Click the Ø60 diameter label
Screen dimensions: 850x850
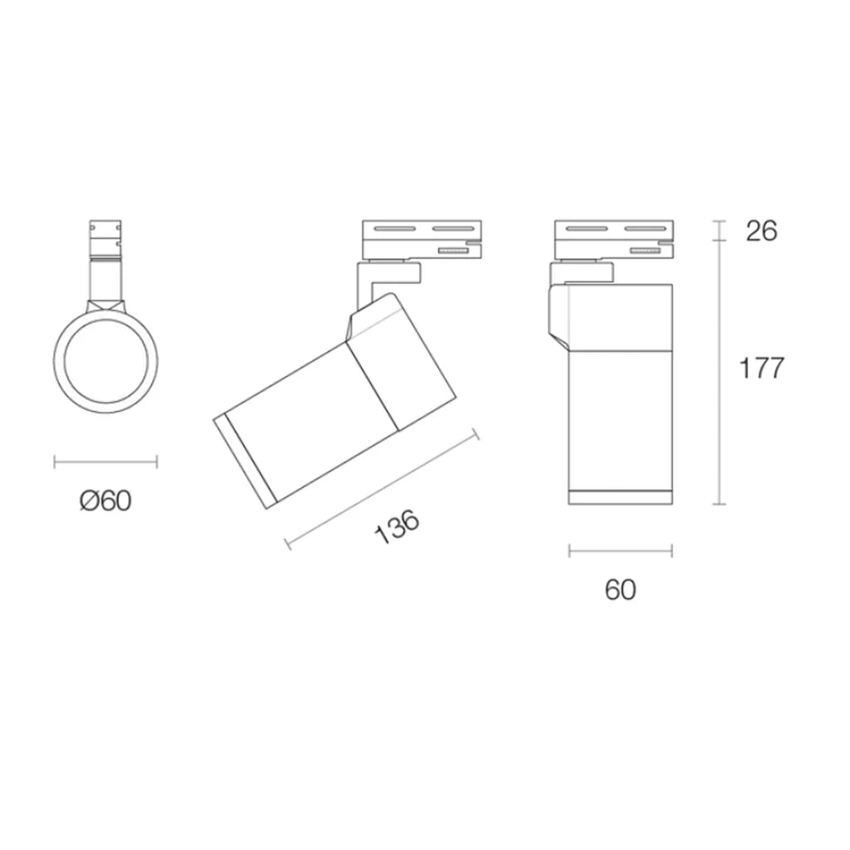(105, 501)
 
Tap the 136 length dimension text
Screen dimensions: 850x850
(398, 526)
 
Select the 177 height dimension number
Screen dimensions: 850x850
(762, 369)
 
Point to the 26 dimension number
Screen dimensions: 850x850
(762, 231)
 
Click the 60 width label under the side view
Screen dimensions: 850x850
(620, 589)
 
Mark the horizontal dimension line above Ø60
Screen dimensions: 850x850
(105, 462)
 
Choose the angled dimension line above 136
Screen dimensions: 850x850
(382, 489)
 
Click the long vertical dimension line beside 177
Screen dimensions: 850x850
(720, 372)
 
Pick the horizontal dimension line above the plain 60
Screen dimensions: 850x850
(621, 552)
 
